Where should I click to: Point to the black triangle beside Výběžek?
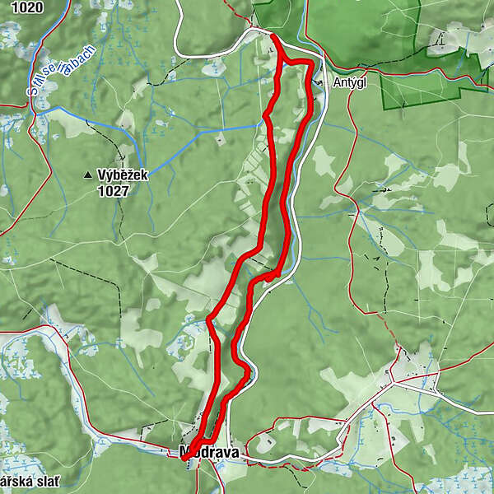(88, 175)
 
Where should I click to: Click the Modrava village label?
(208, 452)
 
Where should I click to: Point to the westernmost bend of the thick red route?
(209, 318)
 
